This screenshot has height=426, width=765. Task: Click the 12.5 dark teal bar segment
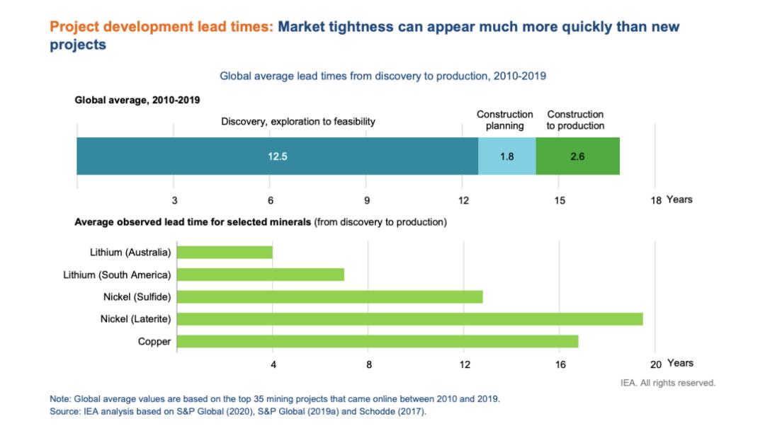(277, 156)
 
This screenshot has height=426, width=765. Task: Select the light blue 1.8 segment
(506, 156)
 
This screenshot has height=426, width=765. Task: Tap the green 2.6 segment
(577, 156)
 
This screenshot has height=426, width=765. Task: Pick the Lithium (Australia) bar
(225, 252)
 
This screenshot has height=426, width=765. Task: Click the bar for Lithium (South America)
(260, 274)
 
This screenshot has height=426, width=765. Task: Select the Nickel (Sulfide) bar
(329, 297)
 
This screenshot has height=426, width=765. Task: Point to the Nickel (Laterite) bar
(409, 319)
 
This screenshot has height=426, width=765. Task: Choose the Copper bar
(378, 342)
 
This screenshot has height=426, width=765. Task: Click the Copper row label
(154, 342)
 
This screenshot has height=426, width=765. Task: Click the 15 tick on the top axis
(560, 200)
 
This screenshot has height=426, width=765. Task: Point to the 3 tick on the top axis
(174, 200)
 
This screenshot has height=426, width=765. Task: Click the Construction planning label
(505, 120)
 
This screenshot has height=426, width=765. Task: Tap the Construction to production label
(575, 120)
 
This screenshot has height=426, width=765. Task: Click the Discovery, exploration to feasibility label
(298, 121)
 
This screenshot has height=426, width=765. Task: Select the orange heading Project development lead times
(161, 27)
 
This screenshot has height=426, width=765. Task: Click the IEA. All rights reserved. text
(667, 383)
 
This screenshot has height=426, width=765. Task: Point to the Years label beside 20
(680, 363)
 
